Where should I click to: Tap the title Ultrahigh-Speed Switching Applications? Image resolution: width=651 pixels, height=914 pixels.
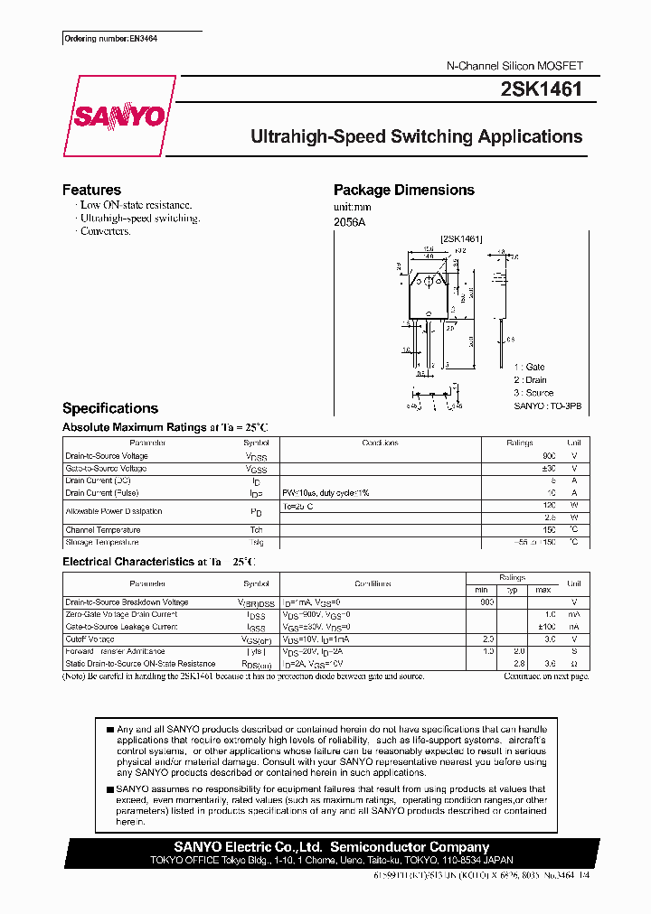pyautogui.click(x=416, y=137)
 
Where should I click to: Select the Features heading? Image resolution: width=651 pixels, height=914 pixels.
pyautogui.click(x=91, y=190)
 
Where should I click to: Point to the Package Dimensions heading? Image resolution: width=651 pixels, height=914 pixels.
pyautogui.click(x=403, y=190)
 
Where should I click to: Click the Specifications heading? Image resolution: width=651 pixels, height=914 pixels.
pyautogui.click(x=109, y=408)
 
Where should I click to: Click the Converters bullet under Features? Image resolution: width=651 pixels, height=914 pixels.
pyautogui.click(x=105, y=231)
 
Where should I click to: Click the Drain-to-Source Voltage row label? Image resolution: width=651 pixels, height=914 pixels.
pyautogui.click(x=107, y=456)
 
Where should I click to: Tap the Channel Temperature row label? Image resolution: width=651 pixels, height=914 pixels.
pyautogui.click(x=103, y=530)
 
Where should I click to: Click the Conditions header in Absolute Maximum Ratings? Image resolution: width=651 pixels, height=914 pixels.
pyautogui.click(x=380, y=443)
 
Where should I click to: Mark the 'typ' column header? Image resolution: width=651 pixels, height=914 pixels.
pyautogui.click(x=513, y=589)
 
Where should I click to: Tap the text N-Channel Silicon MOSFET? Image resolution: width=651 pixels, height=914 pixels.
pyautogui.click(x=515, y=67)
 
